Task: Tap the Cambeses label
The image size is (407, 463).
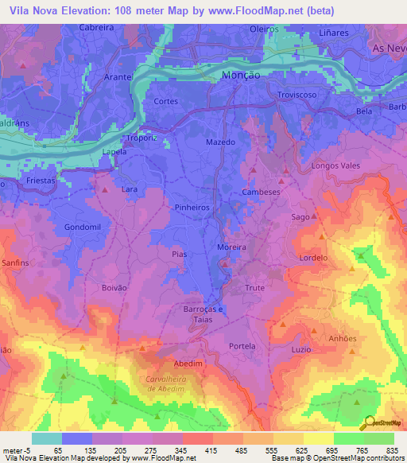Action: (261, 193)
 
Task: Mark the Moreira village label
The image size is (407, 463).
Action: (232, 247)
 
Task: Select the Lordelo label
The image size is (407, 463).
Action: (313, 258)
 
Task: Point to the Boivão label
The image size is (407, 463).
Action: (115, 287)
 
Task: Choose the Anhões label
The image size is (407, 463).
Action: (343, 337)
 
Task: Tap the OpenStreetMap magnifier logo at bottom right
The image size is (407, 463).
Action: (367, 422)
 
